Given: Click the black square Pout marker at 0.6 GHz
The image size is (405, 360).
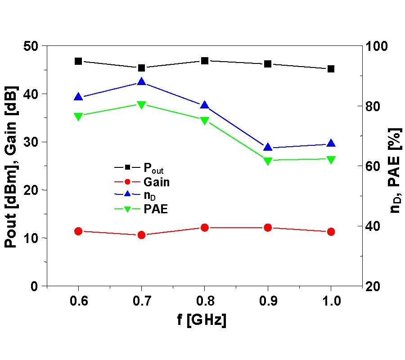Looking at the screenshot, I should point(78,61).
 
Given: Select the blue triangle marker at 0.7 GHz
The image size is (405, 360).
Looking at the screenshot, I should point(141,82).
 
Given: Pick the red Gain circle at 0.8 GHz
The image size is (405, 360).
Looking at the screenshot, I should point(205,228).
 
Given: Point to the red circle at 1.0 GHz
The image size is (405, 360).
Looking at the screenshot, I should point(331,232).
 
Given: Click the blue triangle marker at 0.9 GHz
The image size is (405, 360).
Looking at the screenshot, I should point(268,147).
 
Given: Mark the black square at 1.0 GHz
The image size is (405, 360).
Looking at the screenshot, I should point(331,69).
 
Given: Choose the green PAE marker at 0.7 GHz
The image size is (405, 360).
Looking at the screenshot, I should point(141,105).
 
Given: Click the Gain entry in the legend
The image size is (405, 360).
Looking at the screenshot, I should point(157,182).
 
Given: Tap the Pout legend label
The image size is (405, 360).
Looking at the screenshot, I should point(153,169).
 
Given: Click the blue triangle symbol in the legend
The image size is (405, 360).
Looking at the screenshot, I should point(127,194).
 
